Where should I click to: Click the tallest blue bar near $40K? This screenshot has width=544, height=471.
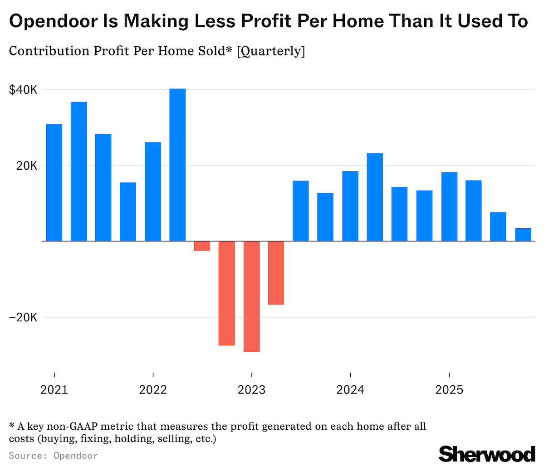(177, 164)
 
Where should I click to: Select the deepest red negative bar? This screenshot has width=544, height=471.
(251, 296)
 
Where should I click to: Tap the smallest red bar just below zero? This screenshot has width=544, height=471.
(202, 245)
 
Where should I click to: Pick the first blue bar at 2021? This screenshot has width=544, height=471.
(54, 182)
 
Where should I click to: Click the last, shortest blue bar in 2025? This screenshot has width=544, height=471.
(523, 234)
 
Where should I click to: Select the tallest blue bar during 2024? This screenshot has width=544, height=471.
(375, 197)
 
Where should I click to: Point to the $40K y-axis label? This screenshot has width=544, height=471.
(23, 90)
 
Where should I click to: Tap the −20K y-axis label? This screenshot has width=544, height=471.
(23, 317)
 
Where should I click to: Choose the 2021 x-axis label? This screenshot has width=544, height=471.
(54, 390)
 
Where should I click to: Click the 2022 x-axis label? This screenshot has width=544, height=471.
(153, 390)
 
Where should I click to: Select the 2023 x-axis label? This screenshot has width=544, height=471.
(251, 390)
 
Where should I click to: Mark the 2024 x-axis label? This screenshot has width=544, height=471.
(350, 390)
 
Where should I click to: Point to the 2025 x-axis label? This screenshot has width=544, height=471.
(449, 390)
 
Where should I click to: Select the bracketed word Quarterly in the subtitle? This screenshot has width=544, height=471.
(271, 51)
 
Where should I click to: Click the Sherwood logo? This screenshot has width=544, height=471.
(486, 454)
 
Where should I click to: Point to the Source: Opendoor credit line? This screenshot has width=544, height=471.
(53, 455)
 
